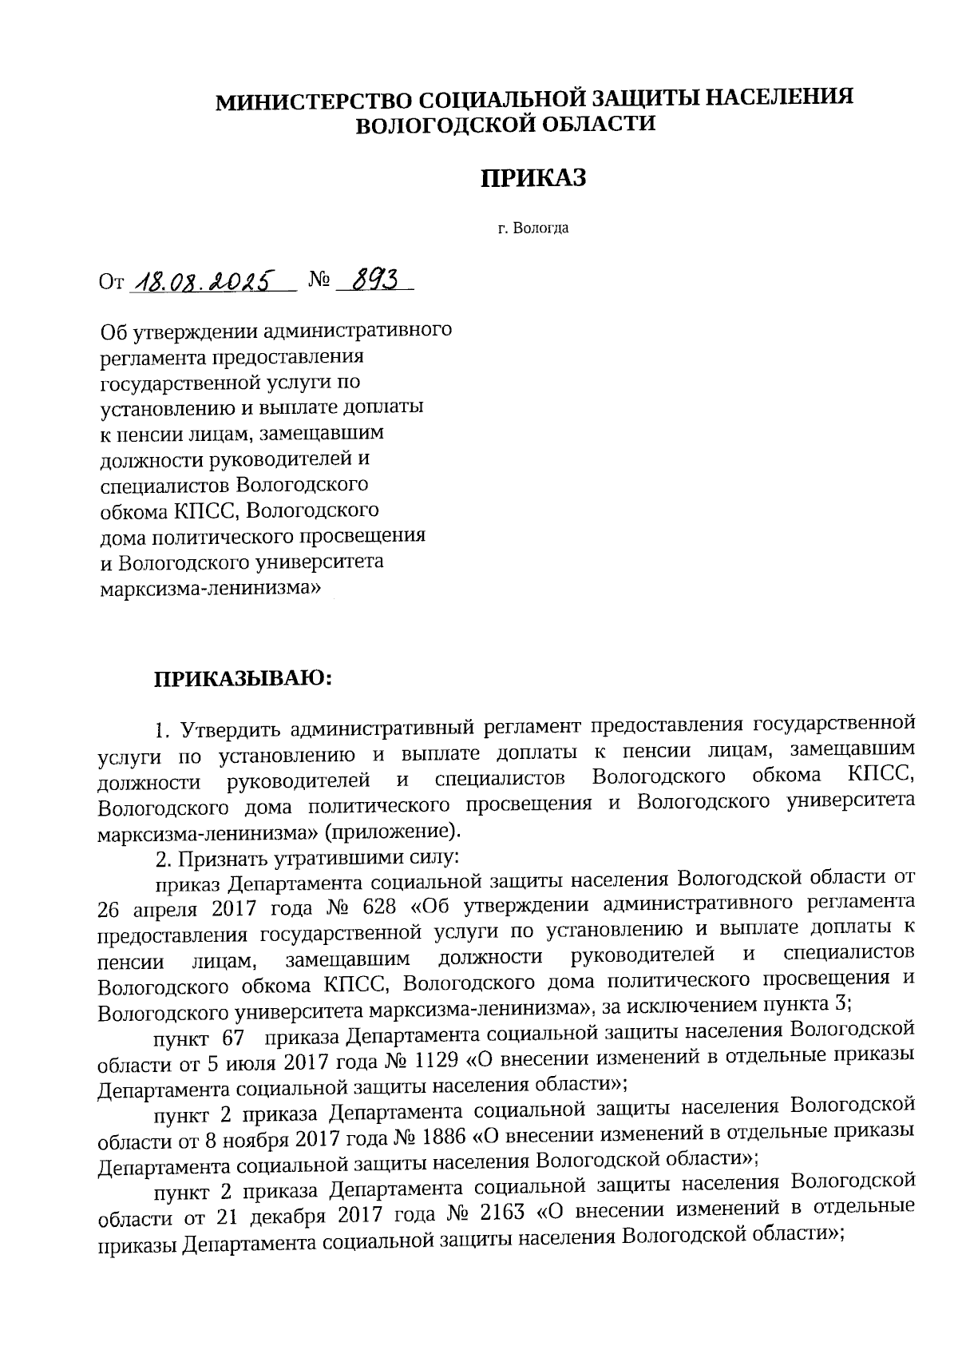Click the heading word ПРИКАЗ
point(532,177)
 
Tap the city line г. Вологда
point(532,229)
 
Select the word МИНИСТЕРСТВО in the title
point(315,100)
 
